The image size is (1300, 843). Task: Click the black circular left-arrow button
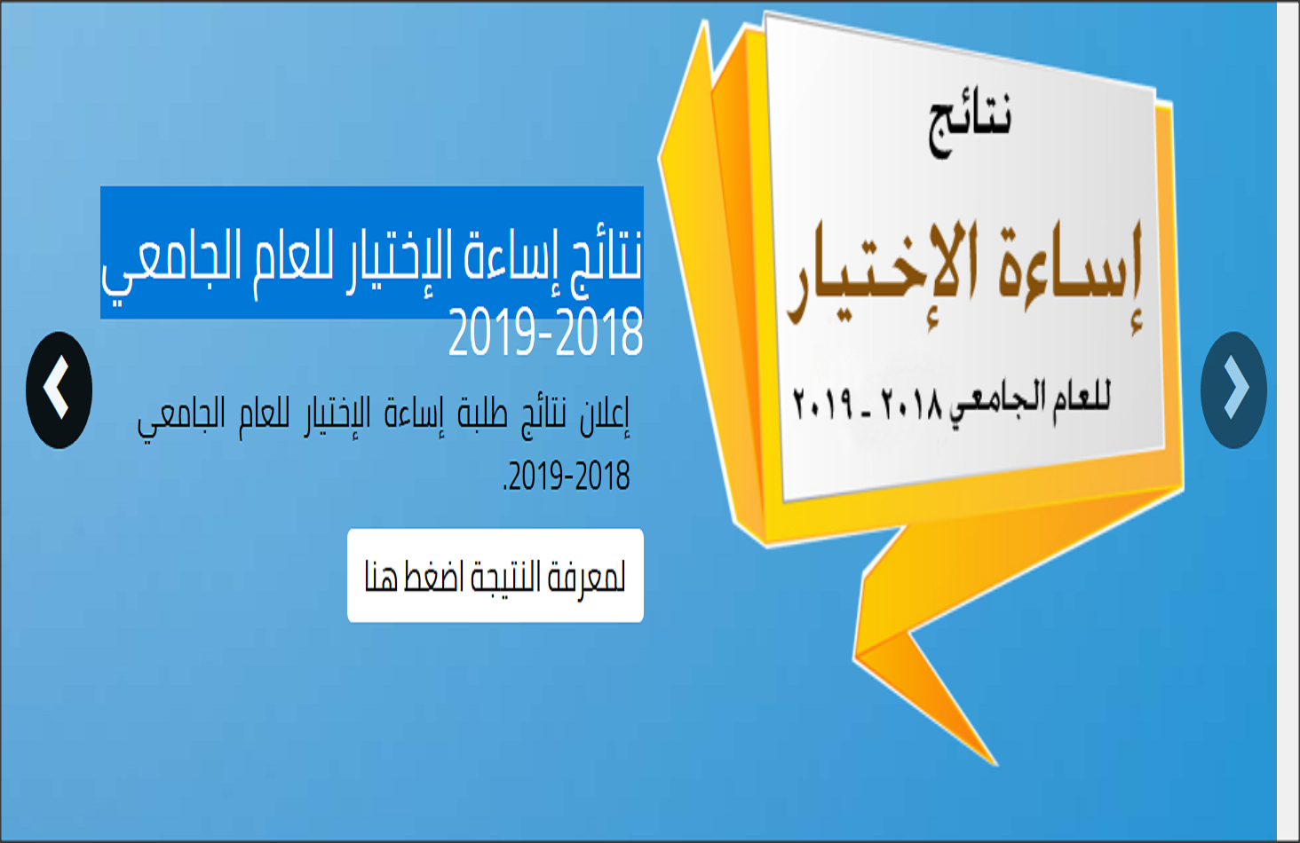pos(59,390)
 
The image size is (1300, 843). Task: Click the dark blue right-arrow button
pos(1233,390)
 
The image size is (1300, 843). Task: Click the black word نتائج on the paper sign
pos(970,122)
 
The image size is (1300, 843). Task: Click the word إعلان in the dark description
pos(604,415)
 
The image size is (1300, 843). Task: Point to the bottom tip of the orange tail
pos(997,765)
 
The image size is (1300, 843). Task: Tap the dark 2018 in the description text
pos(603,476)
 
